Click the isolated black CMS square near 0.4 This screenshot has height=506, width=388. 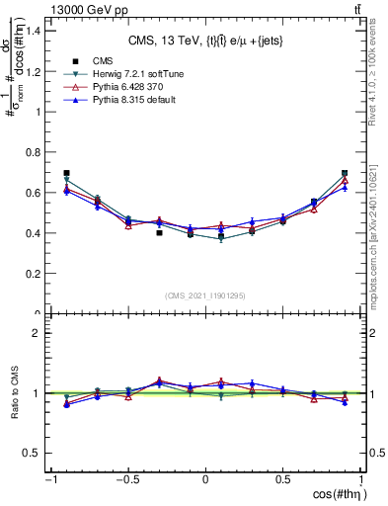click(x=159, y=233)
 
